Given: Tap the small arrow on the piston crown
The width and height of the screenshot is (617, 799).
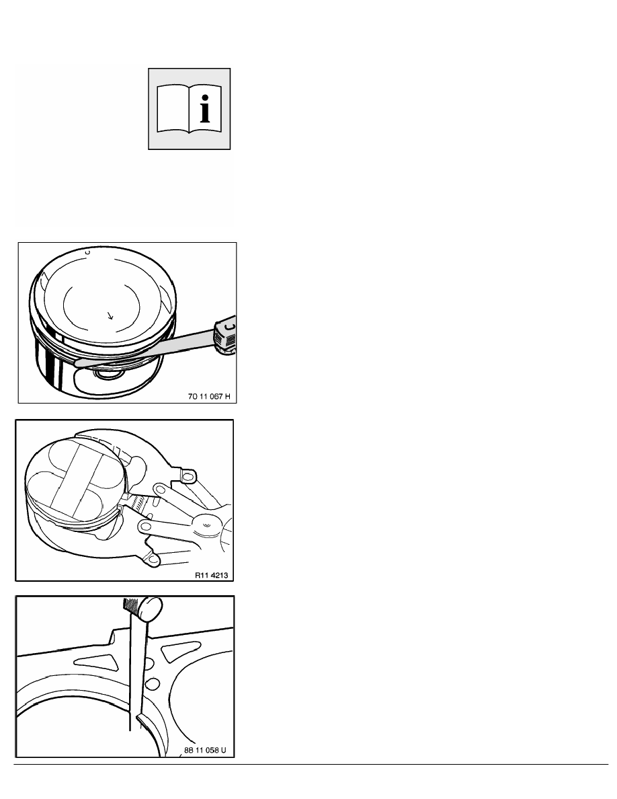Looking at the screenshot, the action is tap(110, 316).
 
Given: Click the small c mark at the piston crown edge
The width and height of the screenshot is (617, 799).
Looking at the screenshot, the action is tap(87, 252).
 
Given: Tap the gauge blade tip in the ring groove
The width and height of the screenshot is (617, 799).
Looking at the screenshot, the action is tap(79, 363).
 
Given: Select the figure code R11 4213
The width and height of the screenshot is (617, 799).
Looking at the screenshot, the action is tap(211, 575).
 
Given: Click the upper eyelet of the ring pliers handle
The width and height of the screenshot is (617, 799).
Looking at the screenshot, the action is tap(188, 477).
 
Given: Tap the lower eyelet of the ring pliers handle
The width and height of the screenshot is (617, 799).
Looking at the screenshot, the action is tap(152, 560).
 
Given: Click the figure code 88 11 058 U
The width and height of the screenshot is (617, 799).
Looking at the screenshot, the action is tap(204, 750).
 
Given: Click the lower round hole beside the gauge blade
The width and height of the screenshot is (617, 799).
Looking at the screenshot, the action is tap(153, 684).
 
